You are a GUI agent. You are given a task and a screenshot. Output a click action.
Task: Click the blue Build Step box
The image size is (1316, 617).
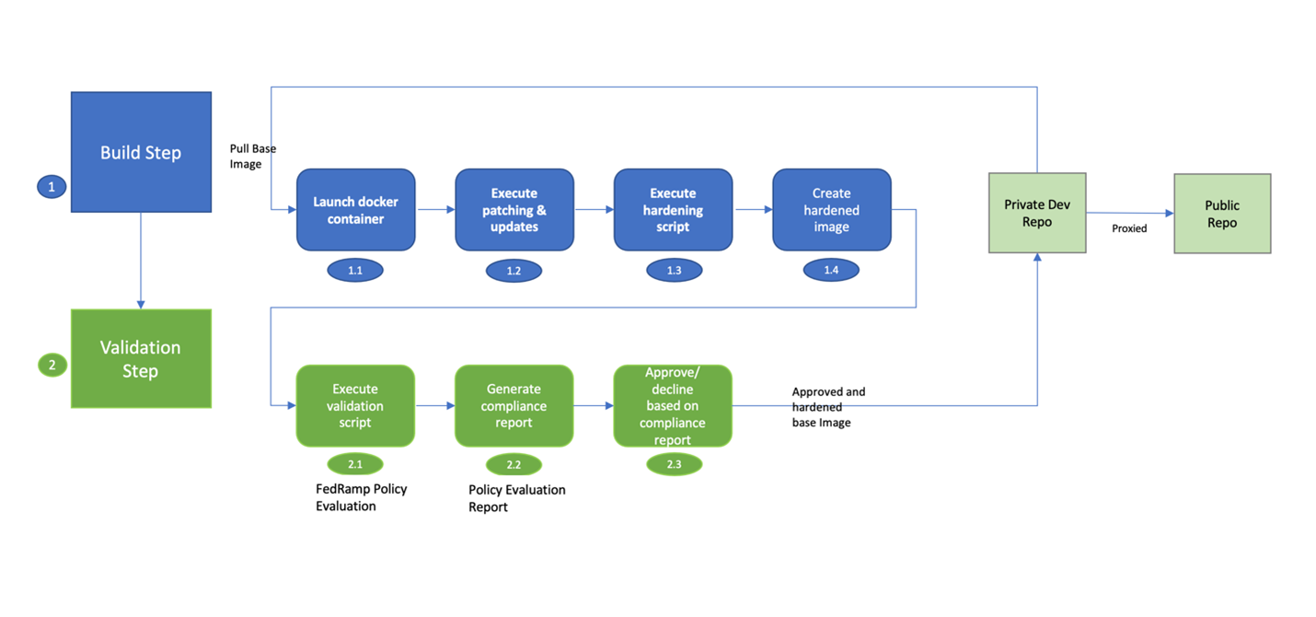click(x=141, y=152)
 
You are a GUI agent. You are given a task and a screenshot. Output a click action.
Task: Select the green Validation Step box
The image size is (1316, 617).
click(x=141, y=358)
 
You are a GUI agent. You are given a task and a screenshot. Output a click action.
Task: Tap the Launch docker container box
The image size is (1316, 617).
click(x=355, y=210)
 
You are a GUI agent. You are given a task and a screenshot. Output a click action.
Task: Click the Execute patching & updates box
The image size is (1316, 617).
click(x=514, y=210)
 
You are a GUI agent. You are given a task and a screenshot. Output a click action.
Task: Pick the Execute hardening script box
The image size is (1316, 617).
click(x=673, y=210)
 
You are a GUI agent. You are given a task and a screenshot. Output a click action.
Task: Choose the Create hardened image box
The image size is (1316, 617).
click(x=831, y=210)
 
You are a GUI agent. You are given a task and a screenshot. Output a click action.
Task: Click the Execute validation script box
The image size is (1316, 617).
click(x=355, y=405)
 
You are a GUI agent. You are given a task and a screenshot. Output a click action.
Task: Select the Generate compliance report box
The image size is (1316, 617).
click(x=514, y=405)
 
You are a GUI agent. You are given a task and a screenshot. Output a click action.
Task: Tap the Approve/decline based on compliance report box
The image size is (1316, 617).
click(x=673, y=405)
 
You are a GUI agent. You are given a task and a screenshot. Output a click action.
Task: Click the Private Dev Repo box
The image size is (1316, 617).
click(x=1036, y=213)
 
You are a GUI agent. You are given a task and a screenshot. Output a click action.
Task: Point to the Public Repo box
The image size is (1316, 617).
click(x=1221, y=214)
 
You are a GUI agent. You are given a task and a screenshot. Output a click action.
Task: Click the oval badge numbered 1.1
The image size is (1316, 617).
click(x=355, y=270)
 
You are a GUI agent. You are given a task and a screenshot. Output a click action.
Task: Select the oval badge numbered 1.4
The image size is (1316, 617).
click(x=831, y=270)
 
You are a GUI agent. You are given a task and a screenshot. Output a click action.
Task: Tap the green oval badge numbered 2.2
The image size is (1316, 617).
click(x=514, y=464)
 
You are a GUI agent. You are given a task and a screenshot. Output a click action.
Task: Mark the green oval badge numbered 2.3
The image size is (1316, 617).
click(x=674, y=464)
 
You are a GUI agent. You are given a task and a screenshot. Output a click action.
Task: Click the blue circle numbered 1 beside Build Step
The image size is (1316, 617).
click(x=52, y=187)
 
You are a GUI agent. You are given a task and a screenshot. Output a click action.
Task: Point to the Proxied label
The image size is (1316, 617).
click(x=1129, y=228)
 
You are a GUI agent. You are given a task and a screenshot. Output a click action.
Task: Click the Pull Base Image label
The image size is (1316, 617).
click(x=252, y=156)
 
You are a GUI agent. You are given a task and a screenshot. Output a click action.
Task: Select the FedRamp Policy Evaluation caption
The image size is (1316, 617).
click(x=361, y=496)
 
